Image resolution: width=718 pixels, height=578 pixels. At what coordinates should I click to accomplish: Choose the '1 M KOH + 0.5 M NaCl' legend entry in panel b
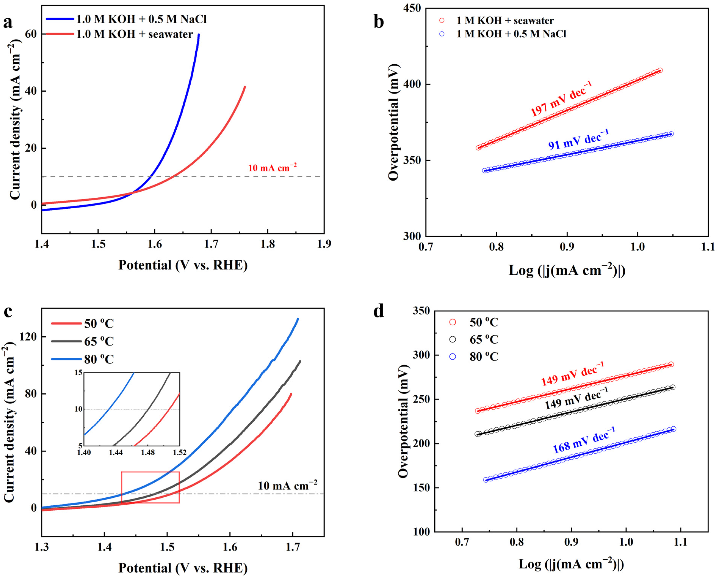click(x=511, y=34)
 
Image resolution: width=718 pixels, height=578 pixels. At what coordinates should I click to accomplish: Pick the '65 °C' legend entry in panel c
click(x=99, y=341)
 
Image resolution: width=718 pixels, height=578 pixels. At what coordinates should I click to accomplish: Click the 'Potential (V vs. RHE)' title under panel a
click(x=183, y=265)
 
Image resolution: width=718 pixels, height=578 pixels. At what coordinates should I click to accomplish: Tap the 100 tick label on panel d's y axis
click(x=421, y=532)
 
